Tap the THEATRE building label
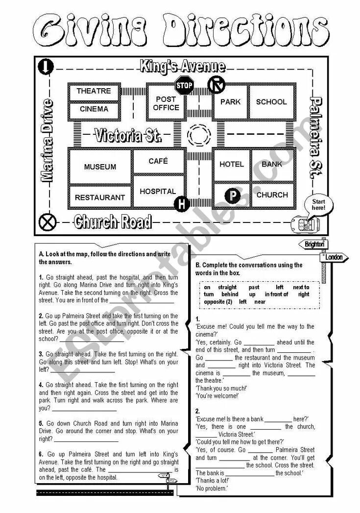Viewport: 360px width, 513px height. [94, 91]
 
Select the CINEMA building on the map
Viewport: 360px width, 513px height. [94, 109]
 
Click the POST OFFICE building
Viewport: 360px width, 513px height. [166, 103]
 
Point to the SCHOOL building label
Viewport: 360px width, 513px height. [271, 102]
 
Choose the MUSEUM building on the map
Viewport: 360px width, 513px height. [100, 167]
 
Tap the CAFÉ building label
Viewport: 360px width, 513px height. [158, 161]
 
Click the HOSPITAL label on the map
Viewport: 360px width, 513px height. [157, 192]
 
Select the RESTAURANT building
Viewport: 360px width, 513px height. [100, 197]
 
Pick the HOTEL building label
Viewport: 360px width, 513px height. [231, 164]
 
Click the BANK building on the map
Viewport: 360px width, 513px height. [272, 164]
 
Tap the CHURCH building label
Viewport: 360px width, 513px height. [272, 195]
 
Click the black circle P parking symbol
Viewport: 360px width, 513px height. [232, 196]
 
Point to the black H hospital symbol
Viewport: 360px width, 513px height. [182, 205]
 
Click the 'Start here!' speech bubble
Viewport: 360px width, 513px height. [318, 204]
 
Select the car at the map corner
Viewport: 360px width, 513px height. [305, 224]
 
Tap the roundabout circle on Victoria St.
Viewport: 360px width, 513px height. [199, 134]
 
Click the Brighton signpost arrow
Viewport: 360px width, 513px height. [313, 244]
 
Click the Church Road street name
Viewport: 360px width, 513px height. [112, 222]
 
